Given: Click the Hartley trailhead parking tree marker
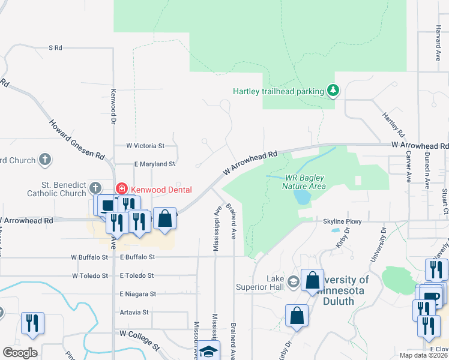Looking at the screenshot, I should coord(333,91).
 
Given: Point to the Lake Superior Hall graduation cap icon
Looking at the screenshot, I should coord(293,281).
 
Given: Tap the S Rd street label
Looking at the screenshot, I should coord(55,47).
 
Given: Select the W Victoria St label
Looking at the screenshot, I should coord(145,146).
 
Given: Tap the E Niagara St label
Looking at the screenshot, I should coord(137,294).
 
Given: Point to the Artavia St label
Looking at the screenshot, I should coord(134,312).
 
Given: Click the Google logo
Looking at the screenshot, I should coord(20,352).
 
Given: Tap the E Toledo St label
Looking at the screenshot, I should coord(137,275).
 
